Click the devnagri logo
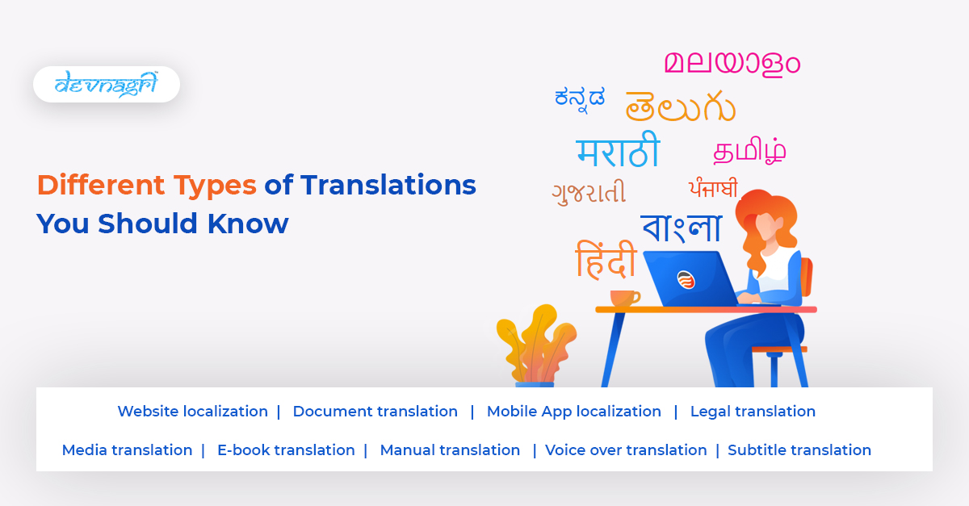coord(106,84)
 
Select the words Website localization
coord(192,412)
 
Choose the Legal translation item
coord(753,412)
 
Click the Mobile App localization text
coord(573,412)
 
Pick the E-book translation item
coord(286,450)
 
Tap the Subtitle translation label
coord(799,450)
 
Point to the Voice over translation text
coord(626,450)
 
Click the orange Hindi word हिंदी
coord(606,260)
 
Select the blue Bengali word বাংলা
coord(681,227)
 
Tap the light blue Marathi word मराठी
coord(618,152)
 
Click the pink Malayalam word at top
coord(732,62)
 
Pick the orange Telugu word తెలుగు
coord(680,106)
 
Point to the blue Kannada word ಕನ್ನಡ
coord(579,97)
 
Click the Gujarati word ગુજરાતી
coord(589,193)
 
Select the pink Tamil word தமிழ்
coord(749,150)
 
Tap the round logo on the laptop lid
coord(686,279)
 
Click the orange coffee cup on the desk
coord(623,298)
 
